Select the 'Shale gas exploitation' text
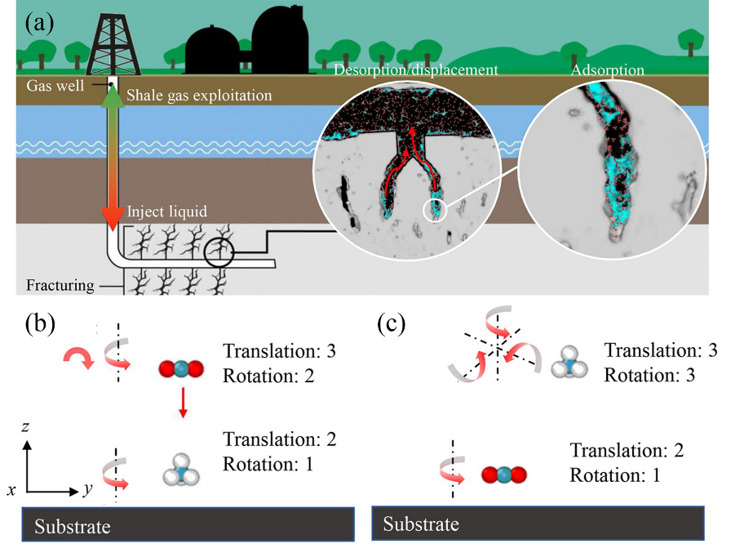198,96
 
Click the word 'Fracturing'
59,286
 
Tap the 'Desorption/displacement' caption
415,70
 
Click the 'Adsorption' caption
608,70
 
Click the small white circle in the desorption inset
435,210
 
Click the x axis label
12,490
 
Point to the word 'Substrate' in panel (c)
421,523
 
